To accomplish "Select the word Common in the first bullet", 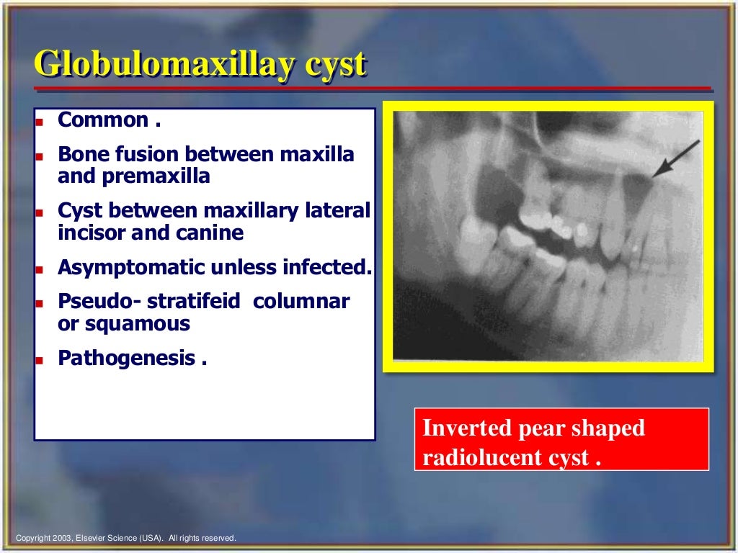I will tap(103, 120).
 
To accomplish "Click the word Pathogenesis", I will tap(127, 358).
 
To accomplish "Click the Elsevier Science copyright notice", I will tap(126, 538).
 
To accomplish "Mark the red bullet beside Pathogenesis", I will tap(40, 359).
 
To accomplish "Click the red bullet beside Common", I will tap(40, 122).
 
